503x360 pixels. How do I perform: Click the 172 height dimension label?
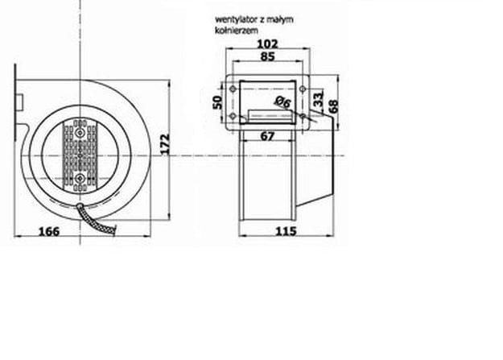point(164,144)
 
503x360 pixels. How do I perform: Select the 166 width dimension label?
point(49,231)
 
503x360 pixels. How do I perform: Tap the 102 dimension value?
point(267,43)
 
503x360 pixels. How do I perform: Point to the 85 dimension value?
point(267,56)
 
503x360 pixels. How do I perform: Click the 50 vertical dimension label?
point(217,102)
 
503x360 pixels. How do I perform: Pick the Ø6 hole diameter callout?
point(282,101)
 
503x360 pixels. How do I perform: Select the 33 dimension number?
point(318,99)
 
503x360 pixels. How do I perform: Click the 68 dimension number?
point(334,106)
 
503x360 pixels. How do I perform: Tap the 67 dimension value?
point(267,136)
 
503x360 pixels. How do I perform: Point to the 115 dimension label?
point(287,231)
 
